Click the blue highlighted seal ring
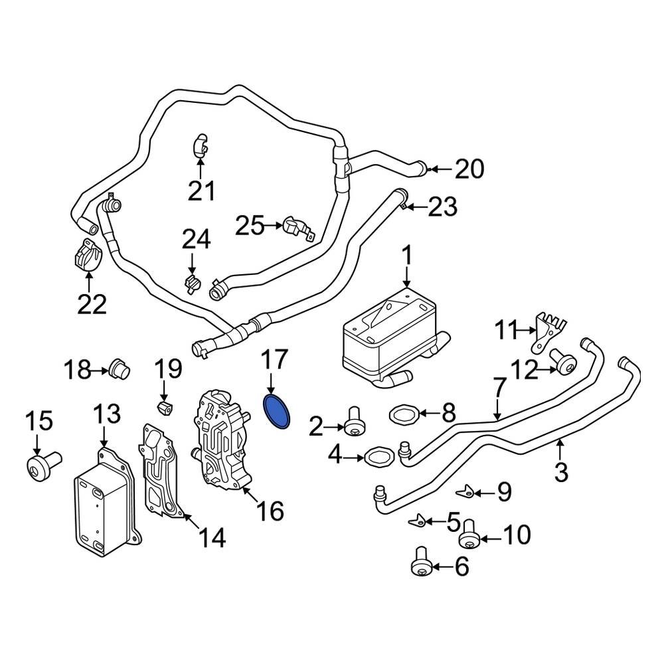click(x=279, y=412)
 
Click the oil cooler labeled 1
click(x=388, y=335)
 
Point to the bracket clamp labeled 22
click(x=86, y=256)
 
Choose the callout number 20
click(x=469, y=170)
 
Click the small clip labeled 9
click(x=467, y=491)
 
